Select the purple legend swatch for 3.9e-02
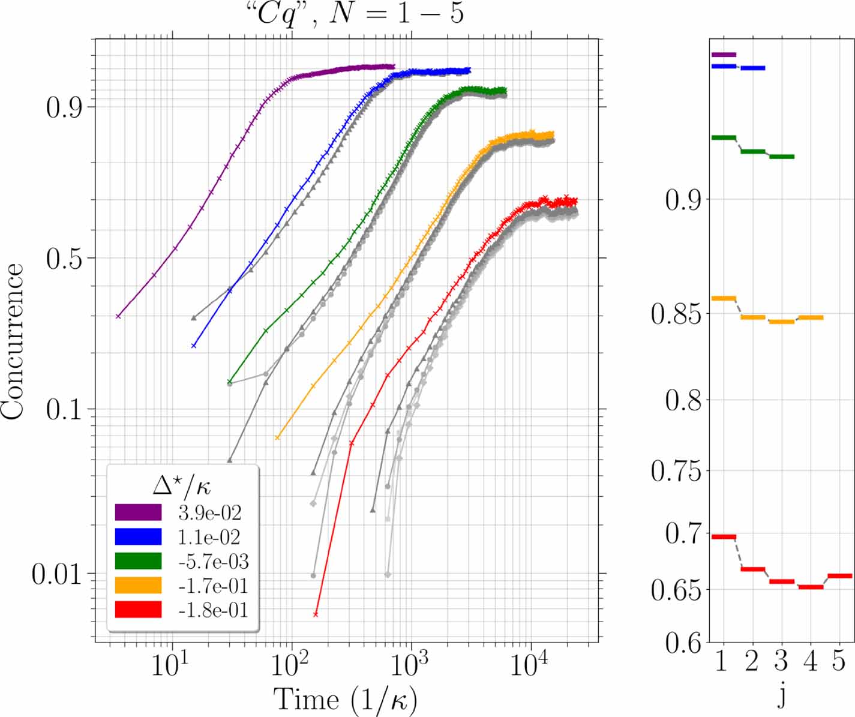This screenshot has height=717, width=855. point(138,512)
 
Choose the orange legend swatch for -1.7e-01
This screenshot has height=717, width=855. point(138,586)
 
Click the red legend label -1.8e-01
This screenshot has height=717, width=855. point(213,610)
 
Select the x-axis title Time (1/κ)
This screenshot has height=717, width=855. point(346,700)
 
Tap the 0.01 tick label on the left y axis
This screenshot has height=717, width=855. point(56,575)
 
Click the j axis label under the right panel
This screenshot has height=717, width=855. point(781,696)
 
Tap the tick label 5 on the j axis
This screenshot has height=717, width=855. point(839,662)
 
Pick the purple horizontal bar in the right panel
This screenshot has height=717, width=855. point(723,55)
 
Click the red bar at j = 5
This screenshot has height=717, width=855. point(839,576)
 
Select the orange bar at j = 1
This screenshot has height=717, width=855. point(723,298)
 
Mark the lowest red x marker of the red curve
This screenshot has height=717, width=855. point(316,614)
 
